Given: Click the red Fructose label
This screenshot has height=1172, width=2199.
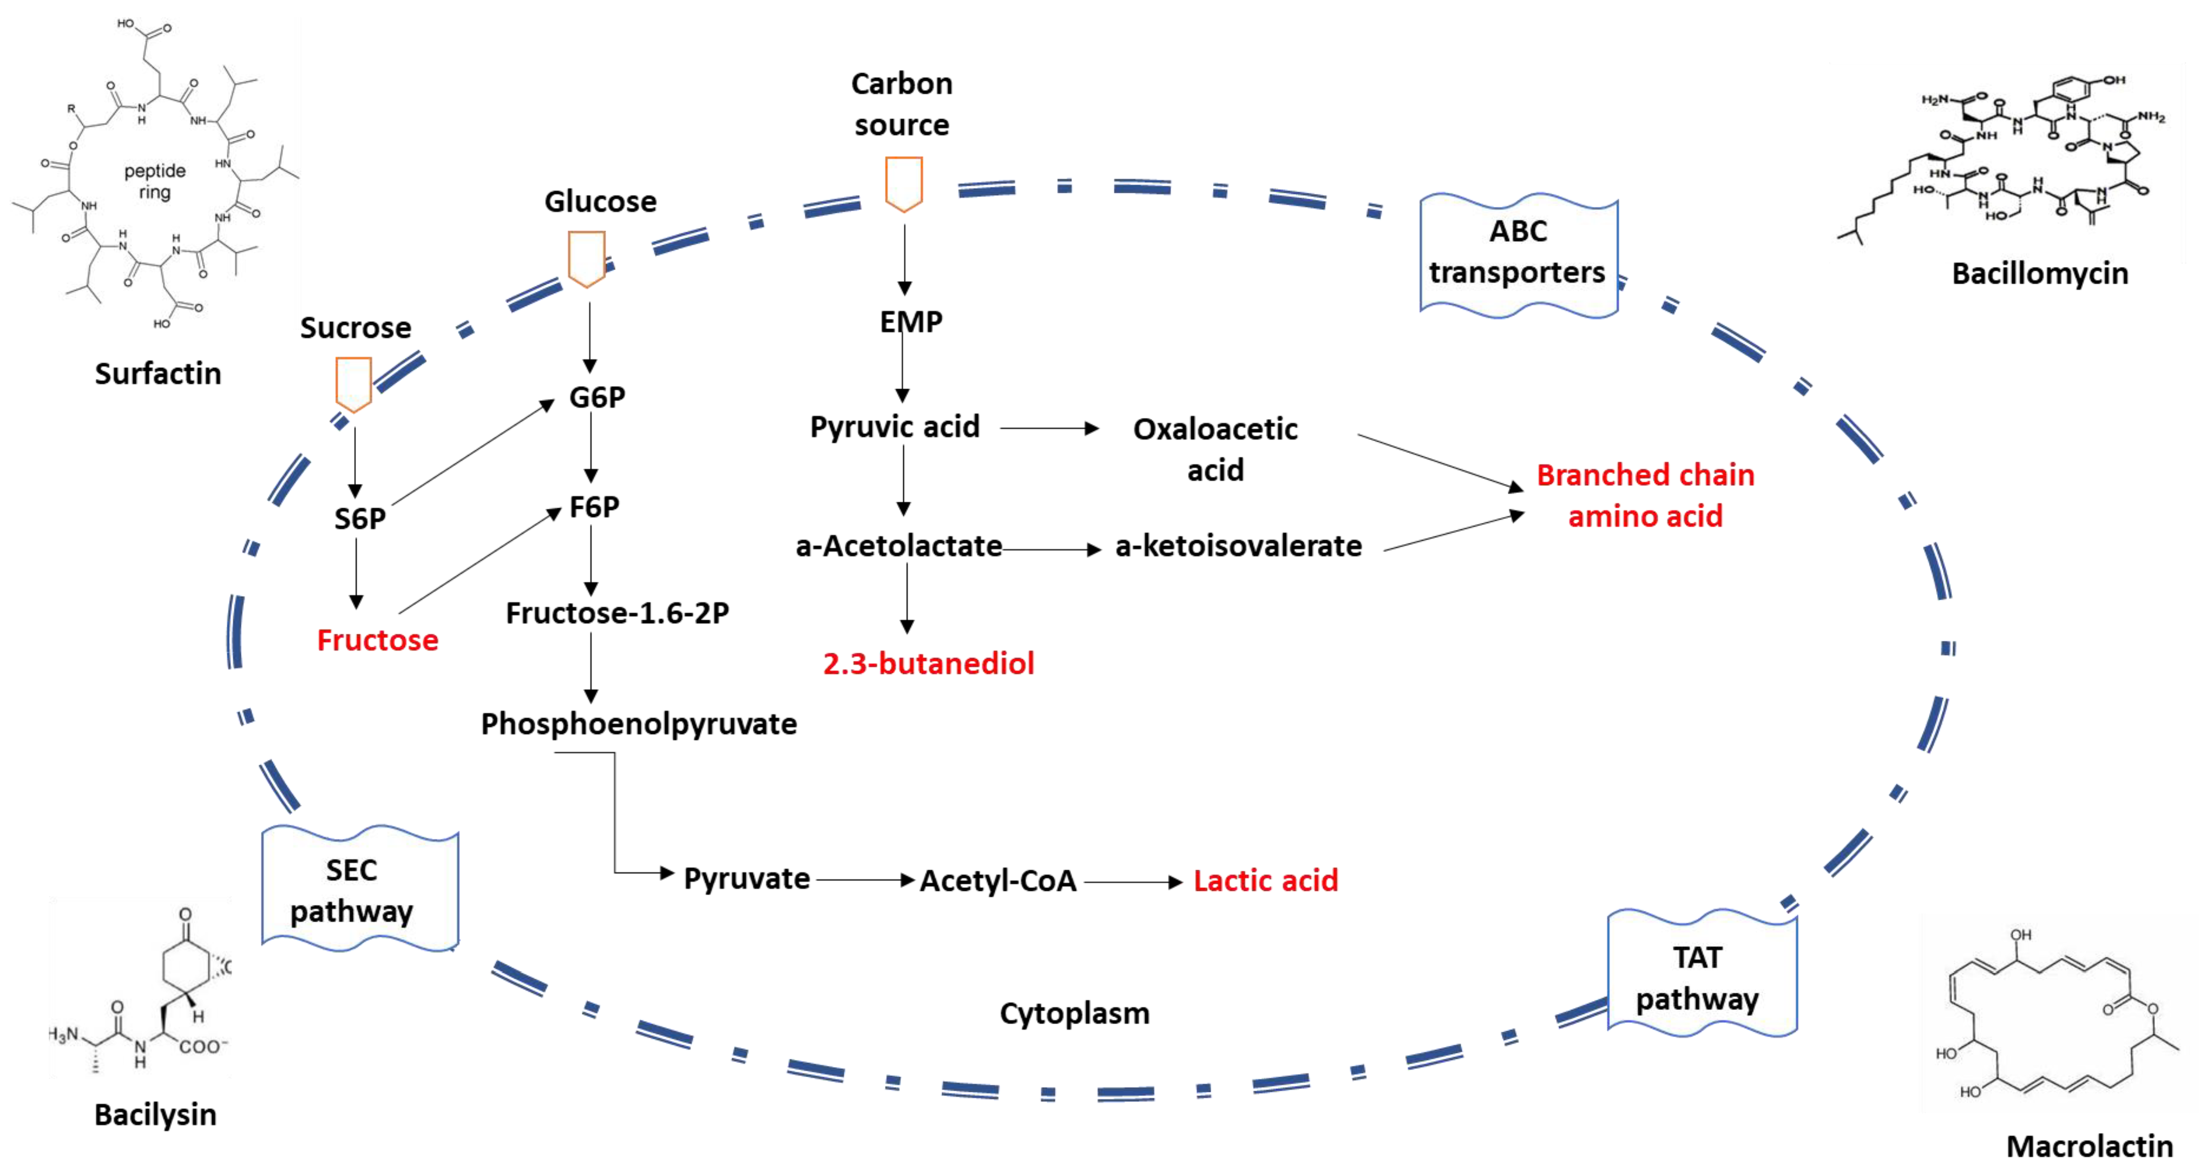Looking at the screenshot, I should pyautogui.click(x=377, y=640).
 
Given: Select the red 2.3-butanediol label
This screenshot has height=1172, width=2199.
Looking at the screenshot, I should pyautogui.click(x=928, y=663).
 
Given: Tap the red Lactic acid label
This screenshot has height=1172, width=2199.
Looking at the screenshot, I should pyautogui.click(x=1265, y=880).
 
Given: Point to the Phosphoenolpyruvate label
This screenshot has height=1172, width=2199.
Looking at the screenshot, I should pyautogui.click(x=639, y=724).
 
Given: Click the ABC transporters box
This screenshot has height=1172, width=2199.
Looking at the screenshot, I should pyautogui.click(x=1518, y=253).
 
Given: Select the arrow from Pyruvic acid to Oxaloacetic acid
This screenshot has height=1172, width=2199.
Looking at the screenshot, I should pyautogui.click(x=1048, y=428).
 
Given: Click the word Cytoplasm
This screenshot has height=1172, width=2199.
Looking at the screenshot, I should pyautogui.click(x=1074, y=1013).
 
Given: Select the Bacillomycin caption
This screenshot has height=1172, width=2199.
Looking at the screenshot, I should pyautogui.click(x=2039, y=273).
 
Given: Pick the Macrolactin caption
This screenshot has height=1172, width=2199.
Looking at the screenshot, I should pyautogui.click(x=2089, y=1146).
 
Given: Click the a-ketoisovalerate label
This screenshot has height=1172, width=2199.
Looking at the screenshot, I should pyautogui.click(x=1238, y=546).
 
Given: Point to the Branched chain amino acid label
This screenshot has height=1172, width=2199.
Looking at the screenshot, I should pyautogui.click(x=1645, y=495).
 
